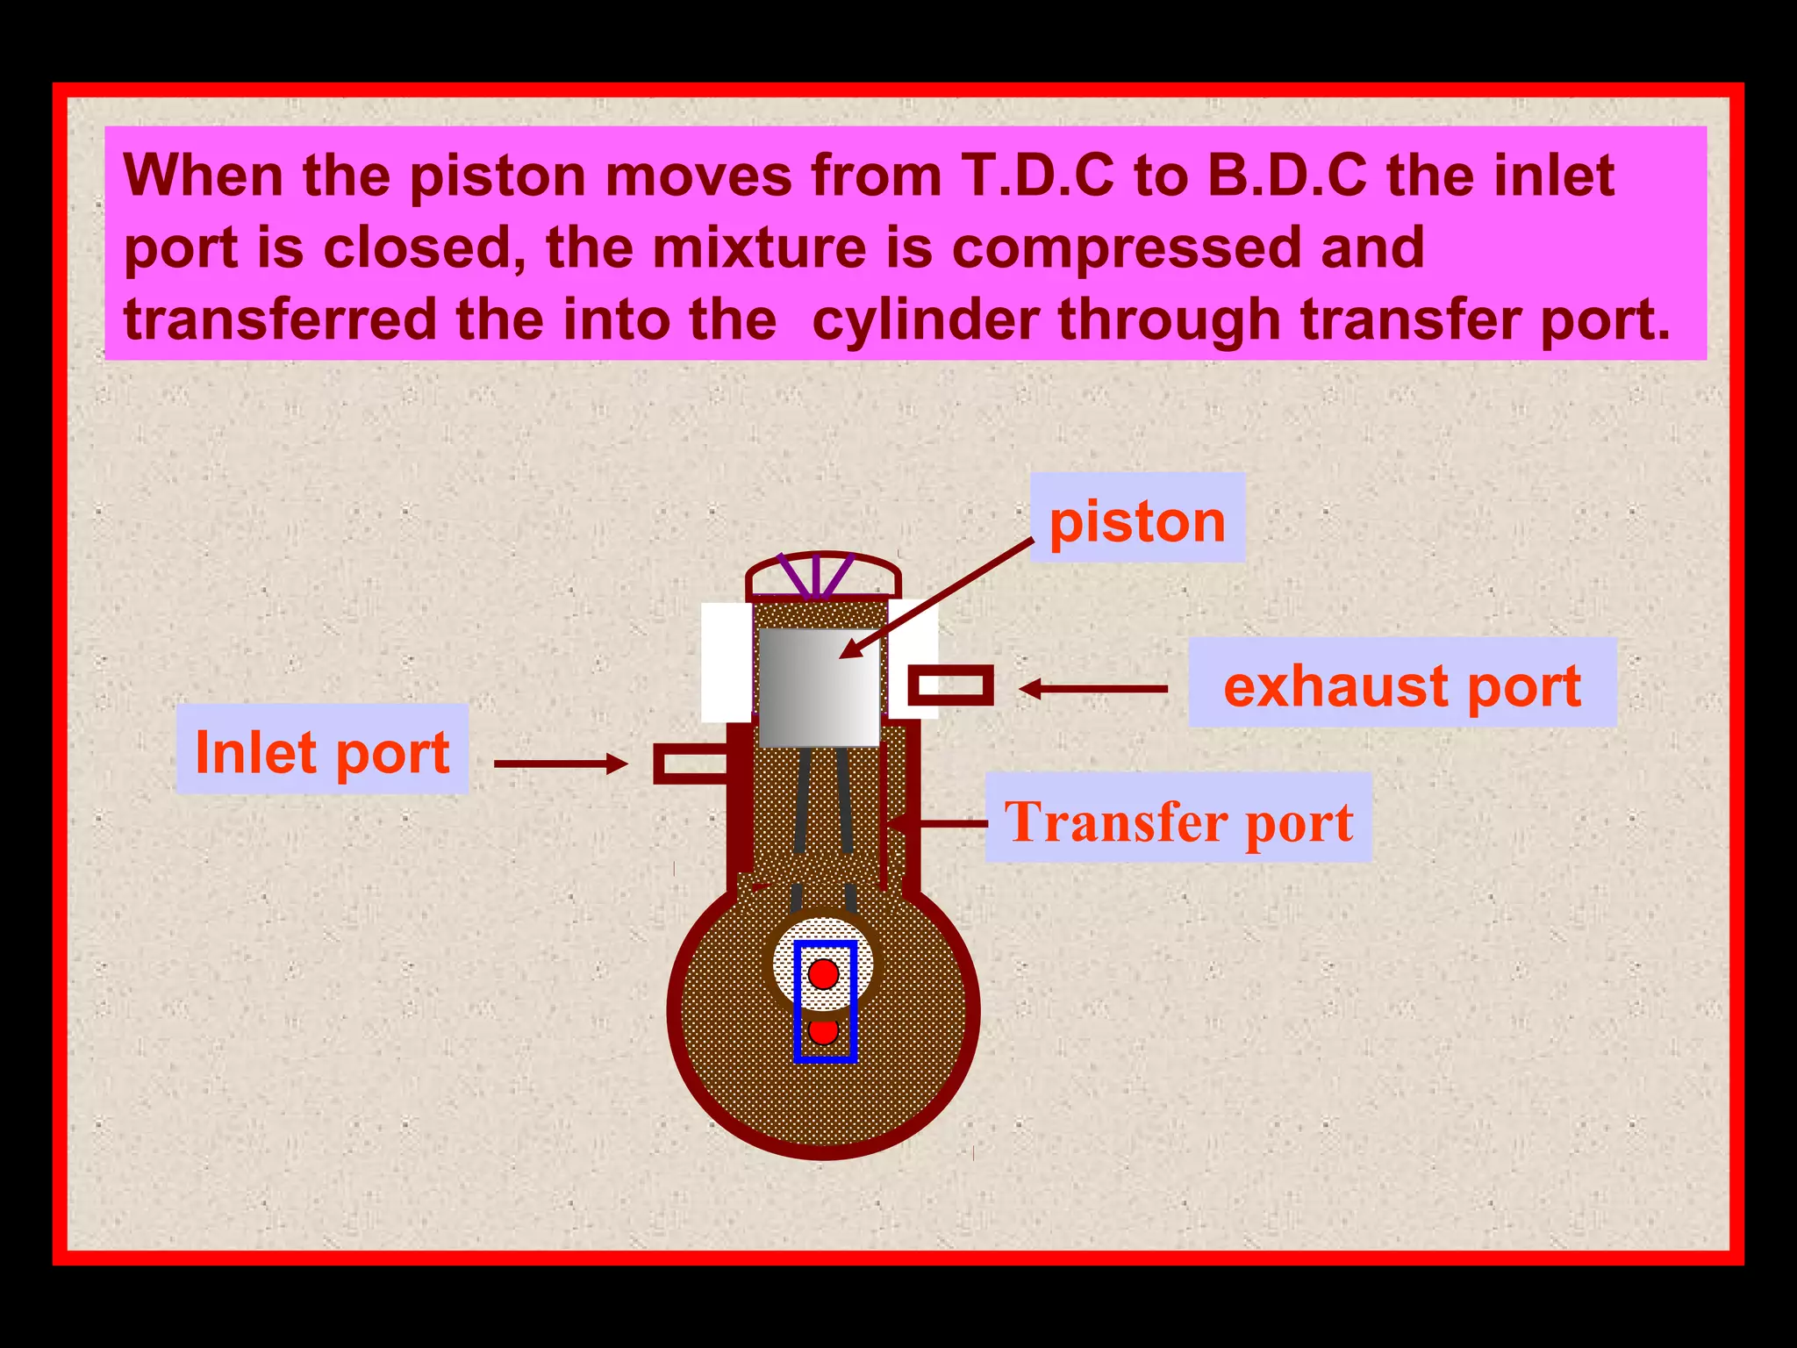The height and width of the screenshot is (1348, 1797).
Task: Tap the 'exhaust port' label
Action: (x=1401, y=684)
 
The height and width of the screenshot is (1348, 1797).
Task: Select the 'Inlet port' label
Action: (x=322, y=750)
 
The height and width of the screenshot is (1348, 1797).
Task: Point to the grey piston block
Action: (x=819, y=687)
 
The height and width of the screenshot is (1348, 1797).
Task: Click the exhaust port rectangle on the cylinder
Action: (x=949, y=685)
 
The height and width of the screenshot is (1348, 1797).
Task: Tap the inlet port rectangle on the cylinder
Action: (x=691, y=763)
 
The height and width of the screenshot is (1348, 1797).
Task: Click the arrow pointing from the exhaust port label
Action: (x=1092, y=689)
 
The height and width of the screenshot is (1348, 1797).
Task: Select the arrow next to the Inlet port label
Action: (x=562, y=763)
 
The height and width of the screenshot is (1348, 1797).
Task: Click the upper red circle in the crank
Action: (x=823, y=973)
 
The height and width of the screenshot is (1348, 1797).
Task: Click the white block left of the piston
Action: (x=726, y=662)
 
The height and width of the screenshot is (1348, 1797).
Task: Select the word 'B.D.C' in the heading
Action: (x=1286, y=176)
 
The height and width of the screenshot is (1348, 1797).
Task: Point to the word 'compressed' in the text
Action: (x=1126, y=247)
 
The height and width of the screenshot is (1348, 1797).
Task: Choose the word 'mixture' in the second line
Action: (x=759, y=247)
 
